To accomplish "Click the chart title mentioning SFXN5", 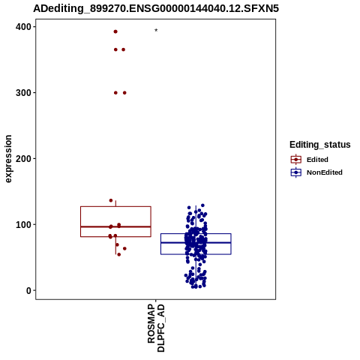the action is pyautogui.click(x=156, y=8).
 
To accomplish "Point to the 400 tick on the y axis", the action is pyautogui.click(x=23, y=27).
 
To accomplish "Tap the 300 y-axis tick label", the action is pyautogui.click(x=23, y=93).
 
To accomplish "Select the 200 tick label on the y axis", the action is pyautogui.click(x=23, y=158).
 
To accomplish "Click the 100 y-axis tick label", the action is pyautogui.click(x=23, y=224).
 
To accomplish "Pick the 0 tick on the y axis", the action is pyautogui.click(x=28, y=290).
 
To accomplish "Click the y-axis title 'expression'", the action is pyautogui.click(x=8, y=159).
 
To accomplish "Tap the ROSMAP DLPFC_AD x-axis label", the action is pyautogui.click(x=156, y=328).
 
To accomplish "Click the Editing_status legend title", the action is pyautogui.click(x=320, y=145).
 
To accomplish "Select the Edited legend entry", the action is pyautogui.click(x=317, y=160).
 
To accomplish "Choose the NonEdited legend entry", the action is pyautogui.click(x=325, y=172).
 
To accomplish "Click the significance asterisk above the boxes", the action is pyautogui.click(x=156, y=30).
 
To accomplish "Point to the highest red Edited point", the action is pyautogui.click(x=115, y=31).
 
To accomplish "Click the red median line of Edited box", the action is pyautogui.click(x=115, y=226).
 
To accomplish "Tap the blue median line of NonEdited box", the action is pyautogui.click(x=196, y=242).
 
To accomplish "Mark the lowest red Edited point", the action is pyautogui.click(x=119, y=254).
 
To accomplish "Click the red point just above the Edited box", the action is pyautogui.click(x=111, y=200).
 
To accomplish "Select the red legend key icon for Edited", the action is pyautogui.click(x=296, y=160).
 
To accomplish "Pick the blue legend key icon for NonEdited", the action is pyautogui.click(x=296, y=172).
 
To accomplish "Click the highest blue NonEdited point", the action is pyautogui.click(x=202, y=205).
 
